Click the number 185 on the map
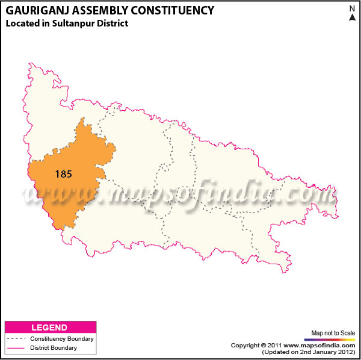tap(63, 174)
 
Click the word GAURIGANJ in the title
tap(37, 10)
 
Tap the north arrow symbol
tap(352, 16)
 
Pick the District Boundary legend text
tap(53, 347)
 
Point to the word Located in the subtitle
tap(21, 23)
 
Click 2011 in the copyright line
tap(274, 345)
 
